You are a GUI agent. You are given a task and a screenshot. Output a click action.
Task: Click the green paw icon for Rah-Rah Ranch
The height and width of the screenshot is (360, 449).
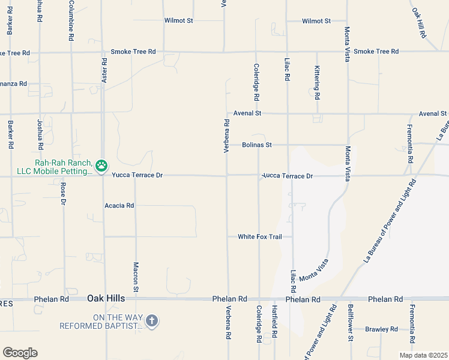[x=101, y=164]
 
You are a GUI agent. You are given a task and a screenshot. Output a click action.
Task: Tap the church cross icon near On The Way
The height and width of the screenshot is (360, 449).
[x=152, y=321]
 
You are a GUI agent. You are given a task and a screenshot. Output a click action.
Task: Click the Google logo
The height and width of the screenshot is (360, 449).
[x=19, y=353]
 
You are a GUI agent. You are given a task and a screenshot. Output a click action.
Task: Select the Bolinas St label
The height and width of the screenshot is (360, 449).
[x=257, y=145]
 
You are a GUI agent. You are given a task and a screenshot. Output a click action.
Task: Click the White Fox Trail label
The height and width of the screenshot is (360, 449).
[x=259, y=236]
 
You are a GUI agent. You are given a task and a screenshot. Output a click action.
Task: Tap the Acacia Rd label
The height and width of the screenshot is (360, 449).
[x=119, y=205]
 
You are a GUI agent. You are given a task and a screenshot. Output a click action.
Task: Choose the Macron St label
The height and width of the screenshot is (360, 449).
[x=136, y=277]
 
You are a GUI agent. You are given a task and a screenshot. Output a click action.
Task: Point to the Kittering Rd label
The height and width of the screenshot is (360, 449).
[x=317, y=83]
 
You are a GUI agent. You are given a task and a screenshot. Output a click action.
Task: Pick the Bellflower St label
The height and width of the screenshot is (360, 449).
[x=350, y=323]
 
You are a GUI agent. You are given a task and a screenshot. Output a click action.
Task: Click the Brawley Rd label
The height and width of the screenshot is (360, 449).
[x=382, y=329]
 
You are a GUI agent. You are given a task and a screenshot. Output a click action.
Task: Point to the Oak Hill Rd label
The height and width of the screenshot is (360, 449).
[x=419, y=23]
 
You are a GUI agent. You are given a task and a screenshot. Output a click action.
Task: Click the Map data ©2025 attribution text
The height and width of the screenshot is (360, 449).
[x=423, y=355]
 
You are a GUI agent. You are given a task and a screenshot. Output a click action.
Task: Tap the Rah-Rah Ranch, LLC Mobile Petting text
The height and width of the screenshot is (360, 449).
[x=55, y=167]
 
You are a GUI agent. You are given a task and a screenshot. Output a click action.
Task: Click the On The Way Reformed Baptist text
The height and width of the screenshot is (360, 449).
[x=100, y=322]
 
